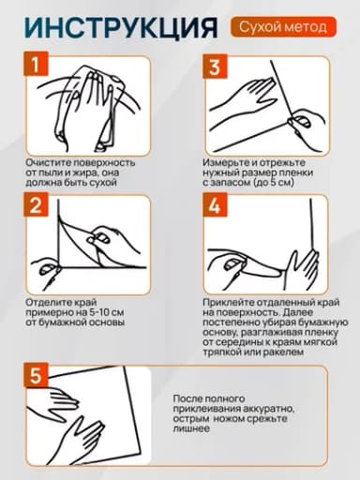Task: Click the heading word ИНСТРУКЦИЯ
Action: (121, 27)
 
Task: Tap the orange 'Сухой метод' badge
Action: (283, 27)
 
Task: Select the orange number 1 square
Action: (36, 64)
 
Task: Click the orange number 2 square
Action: (36, 204)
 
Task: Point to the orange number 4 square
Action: (215, 205)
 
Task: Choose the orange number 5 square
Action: (36, 375)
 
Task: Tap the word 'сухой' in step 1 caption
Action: (103, 183)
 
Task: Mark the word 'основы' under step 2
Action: (108, 322)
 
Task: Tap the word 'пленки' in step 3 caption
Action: (295, 172)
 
